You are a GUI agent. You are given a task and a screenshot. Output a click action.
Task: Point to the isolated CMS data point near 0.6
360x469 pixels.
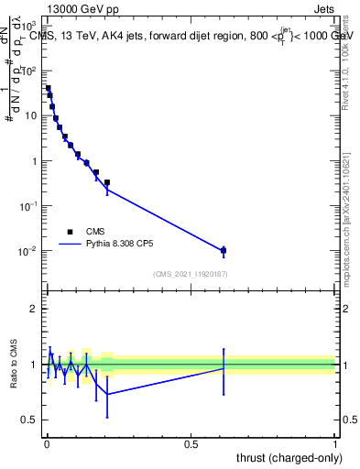pos(224,250)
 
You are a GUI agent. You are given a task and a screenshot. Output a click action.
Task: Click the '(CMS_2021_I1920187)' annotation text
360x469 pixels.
pos(190,274)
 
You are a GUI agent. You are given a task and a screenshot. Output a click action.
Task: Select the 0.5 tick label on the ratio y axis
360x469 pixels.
pos(30,420)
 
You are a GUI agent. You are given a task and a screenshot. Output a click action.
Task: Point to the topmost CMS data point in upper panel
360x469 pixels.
pos(48,89)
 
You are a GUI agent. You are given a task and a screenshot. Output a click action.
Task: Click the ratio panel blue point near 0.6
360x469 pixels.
pos(224,367)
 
